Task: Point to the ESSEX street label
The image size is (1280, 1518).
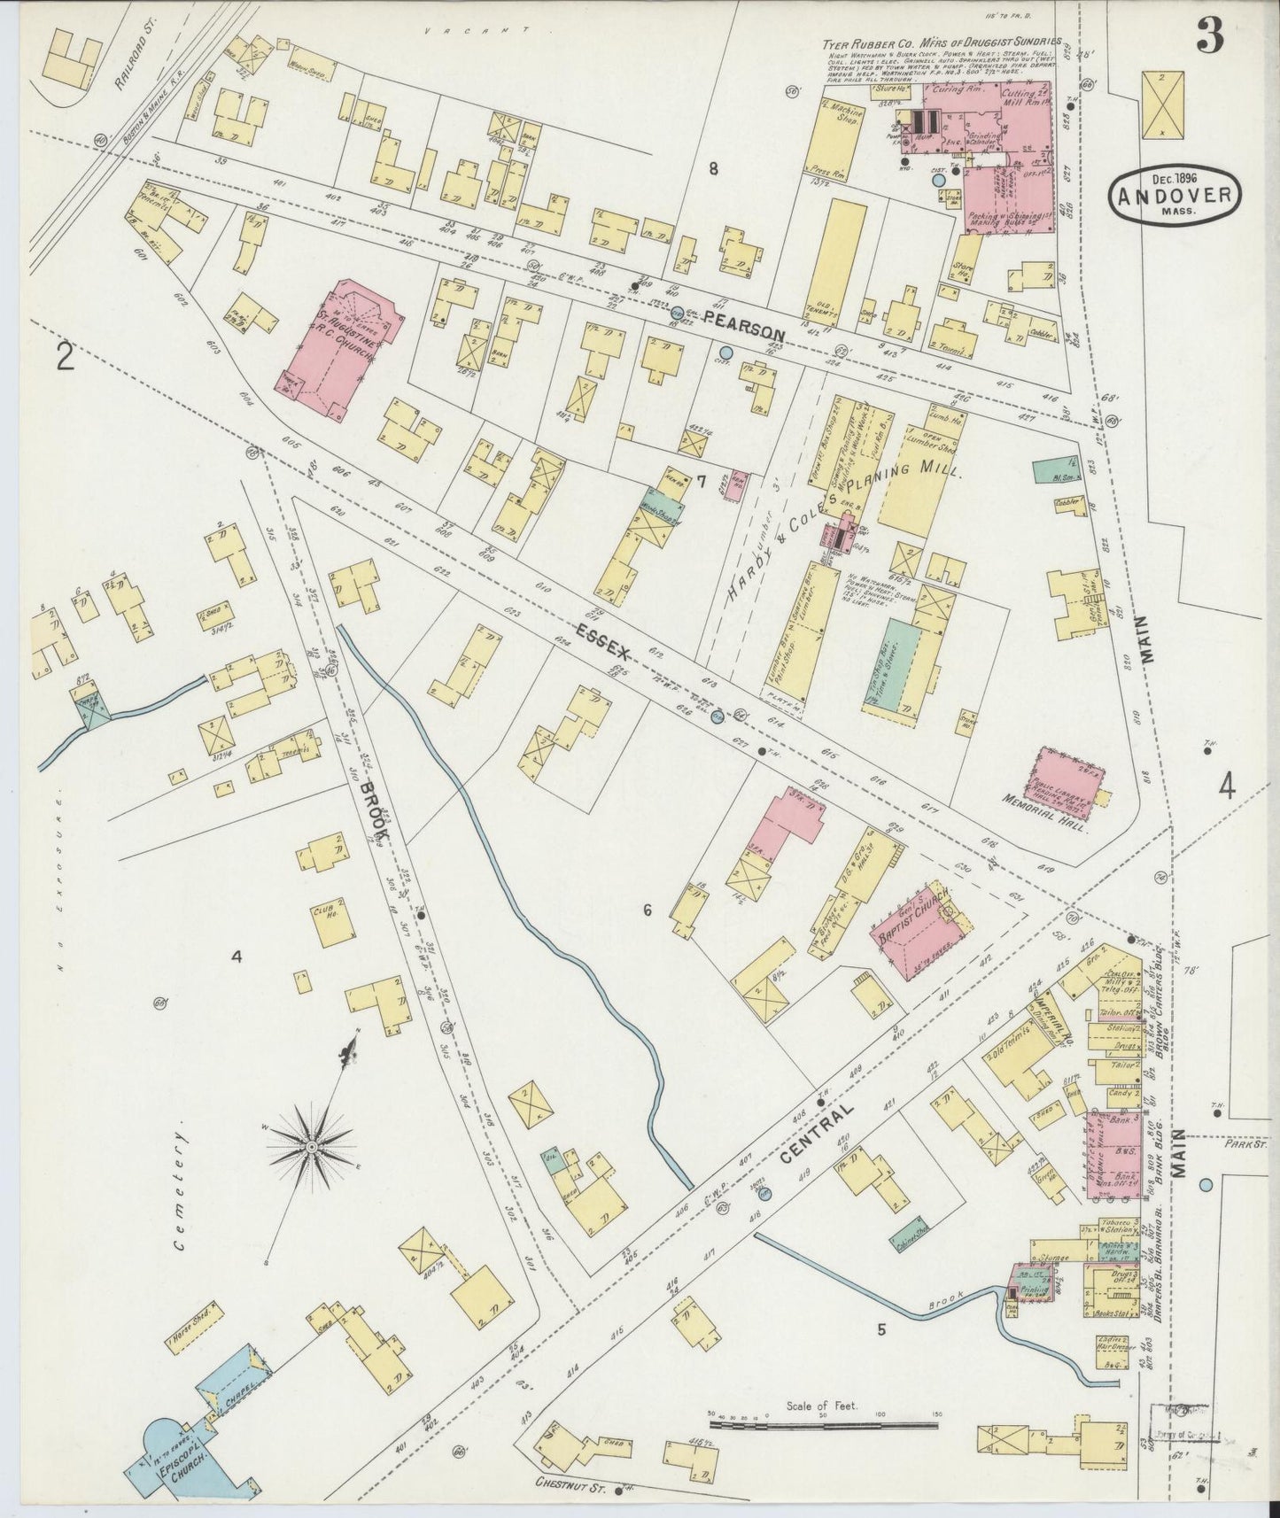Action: tap(603, 642)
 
